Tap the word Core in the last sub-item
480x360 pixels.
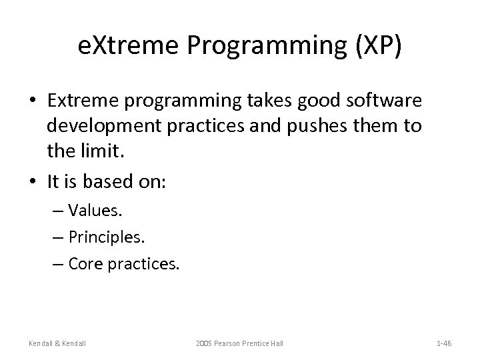tap(86, 265)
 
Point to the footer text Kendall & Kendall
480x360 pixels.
tap(58, 343)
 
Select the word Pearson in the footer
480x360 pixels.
tap(232, 343)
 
